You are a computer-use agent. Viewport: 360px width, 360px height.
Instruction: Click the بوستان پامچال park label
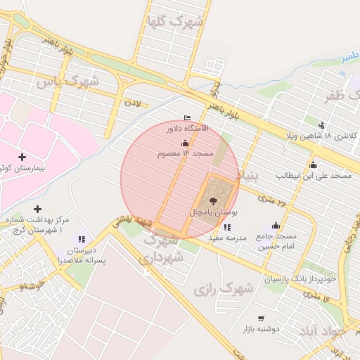tap(214, 211)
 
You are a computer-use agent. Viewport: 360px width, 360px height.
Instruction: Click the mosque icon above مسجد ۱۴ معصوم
tap(185, 143)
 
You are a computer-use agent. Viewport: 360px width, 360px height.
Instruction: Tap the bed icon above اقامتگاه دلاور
tap(186, 117)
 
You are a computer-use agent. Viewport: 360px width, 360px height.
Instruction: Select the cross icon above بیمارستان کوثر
tap(22, 157)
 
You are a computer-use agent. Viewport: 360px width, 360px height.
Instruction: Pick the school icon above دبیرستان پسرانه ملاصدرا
tap(82, 239)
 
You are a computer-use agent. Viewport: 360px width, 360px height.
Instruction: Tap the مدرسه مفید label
tap(227, 238)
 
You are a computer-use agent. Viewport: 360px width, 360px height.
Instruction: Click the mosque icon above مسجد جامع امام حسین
tap(276, 225)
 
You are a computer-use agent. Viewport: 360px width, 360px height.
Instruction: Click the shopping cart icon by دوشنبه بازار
tap(262, 319)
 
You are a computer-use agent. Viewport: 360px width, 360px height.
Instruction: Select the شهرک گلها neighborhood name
tap(174, 21)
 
